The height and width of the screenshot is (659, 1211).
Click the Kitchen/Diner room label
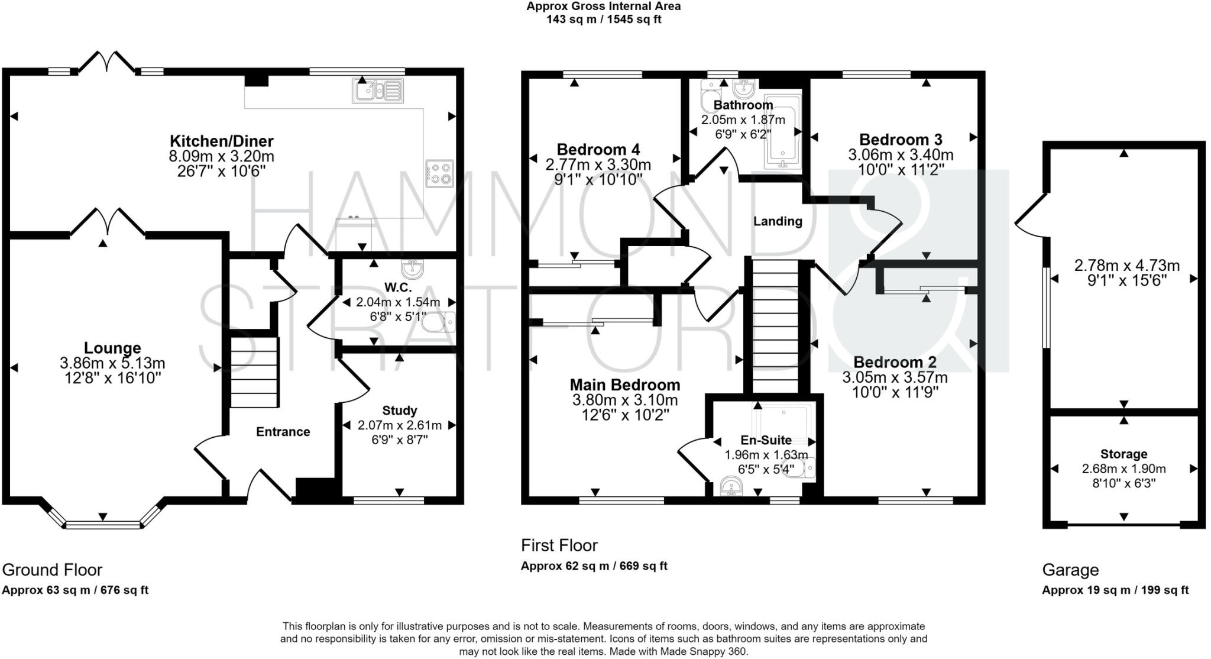pyautogui.click(x=222, y=141)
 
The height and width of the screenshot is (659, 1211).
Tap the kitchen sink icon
pyautogui.click(x=378, y=90)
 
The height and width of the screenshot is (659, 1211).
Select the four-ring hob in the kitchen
pyautogui.click(x=439, y=174)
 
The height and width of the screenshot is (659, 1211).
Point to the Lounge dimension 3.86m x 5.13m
pyautogui.click(x=112, y=363)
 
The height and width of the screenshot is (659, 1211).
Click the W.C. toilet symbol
pyautogui.click(x=440, y=322)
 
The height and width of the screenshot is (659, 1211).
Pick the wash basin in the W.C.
pyautogui.click(x=412, y=269)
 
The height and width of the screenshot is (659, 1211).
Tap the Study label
pyautogui.click(x=400, y=411)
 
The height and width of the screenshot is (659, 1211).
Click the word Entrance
pyautogui.click(x=283, y=432)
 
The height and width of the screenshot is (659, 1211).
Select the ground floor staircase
pyautogui.click(x=254, y=372)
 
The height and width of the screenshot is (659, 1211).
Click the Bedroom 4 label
pyautogui.click(x=598, y=150)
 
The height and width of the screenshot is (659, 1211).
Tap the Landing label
pyautogui.click(x=778, y=221)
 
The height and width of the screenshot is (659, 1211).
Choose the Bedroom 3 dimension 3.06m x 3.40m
pyautogui.click(x=901, y=155)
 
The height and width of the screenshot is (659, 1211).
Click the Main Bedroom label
pyautogui.click(x=625, y=385)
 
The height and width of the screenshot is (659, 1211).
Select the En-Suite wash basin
pyautogui.click(x=732, y=486)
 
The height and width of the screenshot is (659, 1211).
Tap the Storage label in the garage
pyautogui.click(x=1123, y=454)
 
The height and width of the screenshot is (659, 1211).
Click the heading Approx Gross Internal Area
pyautogui.click(x=604, y=7)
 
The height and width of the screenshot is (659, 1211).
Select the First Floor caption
pyautogui.click(x=559, y=545)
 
